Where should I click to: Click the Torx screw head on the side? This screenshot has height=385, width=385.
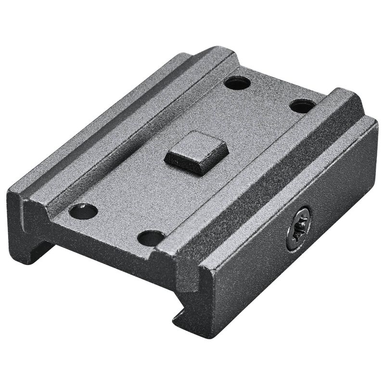[298, 228]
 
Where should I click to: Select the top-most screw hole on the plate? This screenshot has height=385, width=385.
[237, 83]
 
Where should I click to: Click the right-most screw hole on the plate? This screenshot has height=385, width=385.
[303, 106]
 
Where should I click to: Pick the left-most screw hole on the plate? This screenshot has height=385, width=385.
[83, 211]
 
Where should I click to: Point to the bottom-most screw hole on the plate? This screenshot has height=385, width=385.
[151, 238]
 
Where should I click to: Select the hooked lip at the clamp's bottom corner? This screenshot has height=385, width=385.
[185, 318]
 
